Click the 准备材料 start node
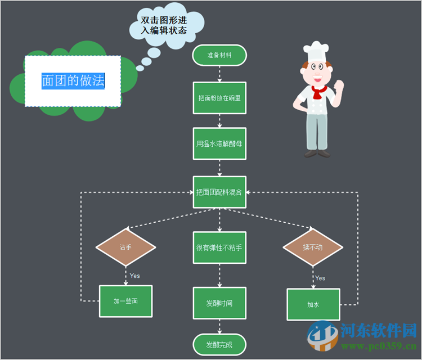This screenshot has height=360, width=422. (x=219, y=56)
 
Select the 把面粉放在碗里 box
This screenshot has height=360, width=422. (x=219, y=98)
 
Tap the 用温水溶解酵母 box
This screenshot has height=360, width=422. (x=219, y=143)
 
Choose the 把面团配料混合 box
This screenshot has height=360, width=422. (x=219, y=192)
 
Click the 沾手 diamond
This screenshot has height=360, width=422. (x=125, y=247)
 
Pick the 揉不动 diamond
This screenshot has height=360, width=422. (x=313, y=247)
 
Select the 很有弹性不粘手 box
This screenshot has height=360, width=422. (x=219, y=247)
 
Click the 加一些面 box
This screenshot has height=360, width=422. (x=125, y=301)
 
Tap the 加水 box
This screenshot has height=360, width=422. (x=313, y=304)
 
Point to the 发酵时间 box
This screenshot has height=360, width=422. (x=219, y=303)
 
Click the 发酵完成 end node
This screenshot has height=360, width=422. (x=219, y=344)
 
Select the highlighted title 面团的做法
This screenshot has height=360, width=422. (x=73, y=80)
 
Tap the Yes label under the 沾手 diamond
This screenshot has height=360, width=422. (x=135, y=276)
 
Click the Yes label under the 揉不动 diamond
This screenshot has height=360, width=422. (x=320, y=278)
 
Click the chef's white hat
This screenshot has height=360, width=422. (x=316, y=52)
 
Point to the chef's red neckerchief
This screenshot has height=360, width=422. (x=319, y=92)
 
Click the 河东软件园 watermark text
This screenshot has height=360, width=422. (x=378, y=330)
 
